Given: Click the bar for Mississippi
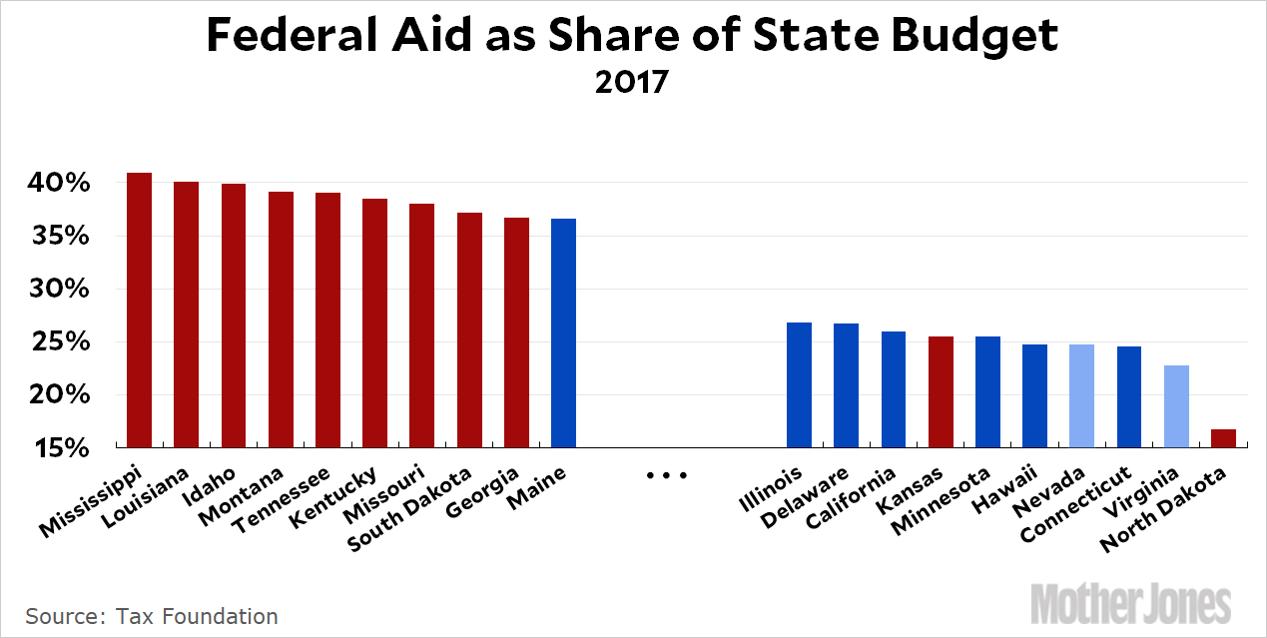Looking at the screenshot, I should pos(139,310).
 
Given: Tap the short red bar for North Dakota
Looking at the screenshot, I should pos(1223,438).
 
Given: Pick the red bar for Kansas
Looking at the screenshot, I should pos(941,391).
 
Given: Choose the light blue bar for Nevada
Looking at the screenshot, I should pos(1081,395).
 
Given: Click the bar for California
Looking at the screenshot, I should pos(894,389).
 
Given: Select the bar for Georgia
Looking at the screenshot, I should pos(516,332).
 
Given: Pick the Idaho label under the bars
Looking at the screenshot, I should pos(216,483).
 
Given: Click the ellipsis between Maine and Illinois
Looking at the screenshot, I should pos(668,476).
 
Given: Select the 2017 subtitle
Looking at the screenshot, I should pos(631,81).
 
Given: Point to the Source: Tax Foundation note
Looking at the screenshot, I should pos(152,616).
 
